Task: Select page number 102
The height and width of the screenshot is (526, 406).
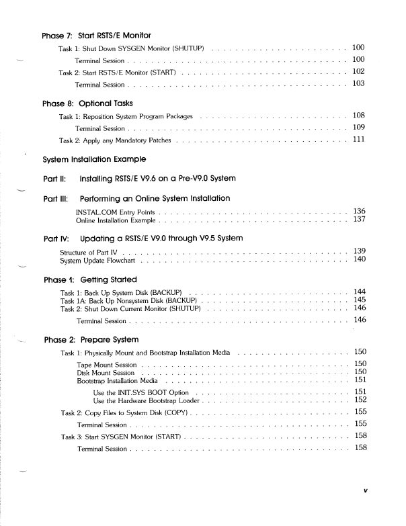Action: [358, 71]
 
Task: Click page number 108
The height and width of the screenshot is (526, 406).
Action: [358, 116]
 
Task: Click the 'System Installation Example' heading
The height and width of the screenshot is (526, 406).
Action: [94, 160]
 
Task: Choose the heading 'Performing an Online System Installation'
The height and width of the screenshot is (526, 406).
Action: [155, 199]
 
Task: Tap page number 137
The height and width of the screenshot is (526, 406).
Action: [359, 220]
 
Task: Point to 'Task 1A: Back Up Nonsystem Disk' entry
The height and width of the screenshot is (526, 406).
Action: [128, 300]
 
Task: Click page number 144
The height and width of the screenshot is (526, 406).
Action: [359, 292]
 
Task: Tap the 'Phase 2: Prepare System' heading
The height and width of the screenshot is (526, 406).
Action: [91, 340]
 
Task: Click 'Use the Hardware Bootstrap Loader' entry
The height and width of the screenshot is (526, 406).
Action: [147, 400]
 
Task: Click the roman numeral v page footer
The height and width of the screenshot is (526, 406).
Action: [365, 490]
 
